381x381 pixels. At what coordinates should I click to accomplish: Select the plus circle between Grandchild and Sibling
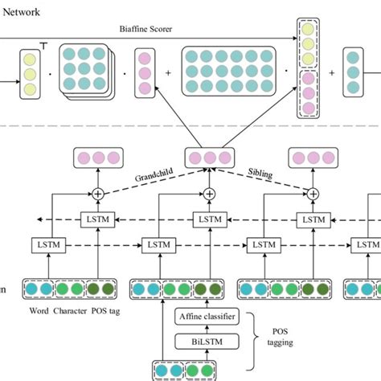[209, 194]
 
